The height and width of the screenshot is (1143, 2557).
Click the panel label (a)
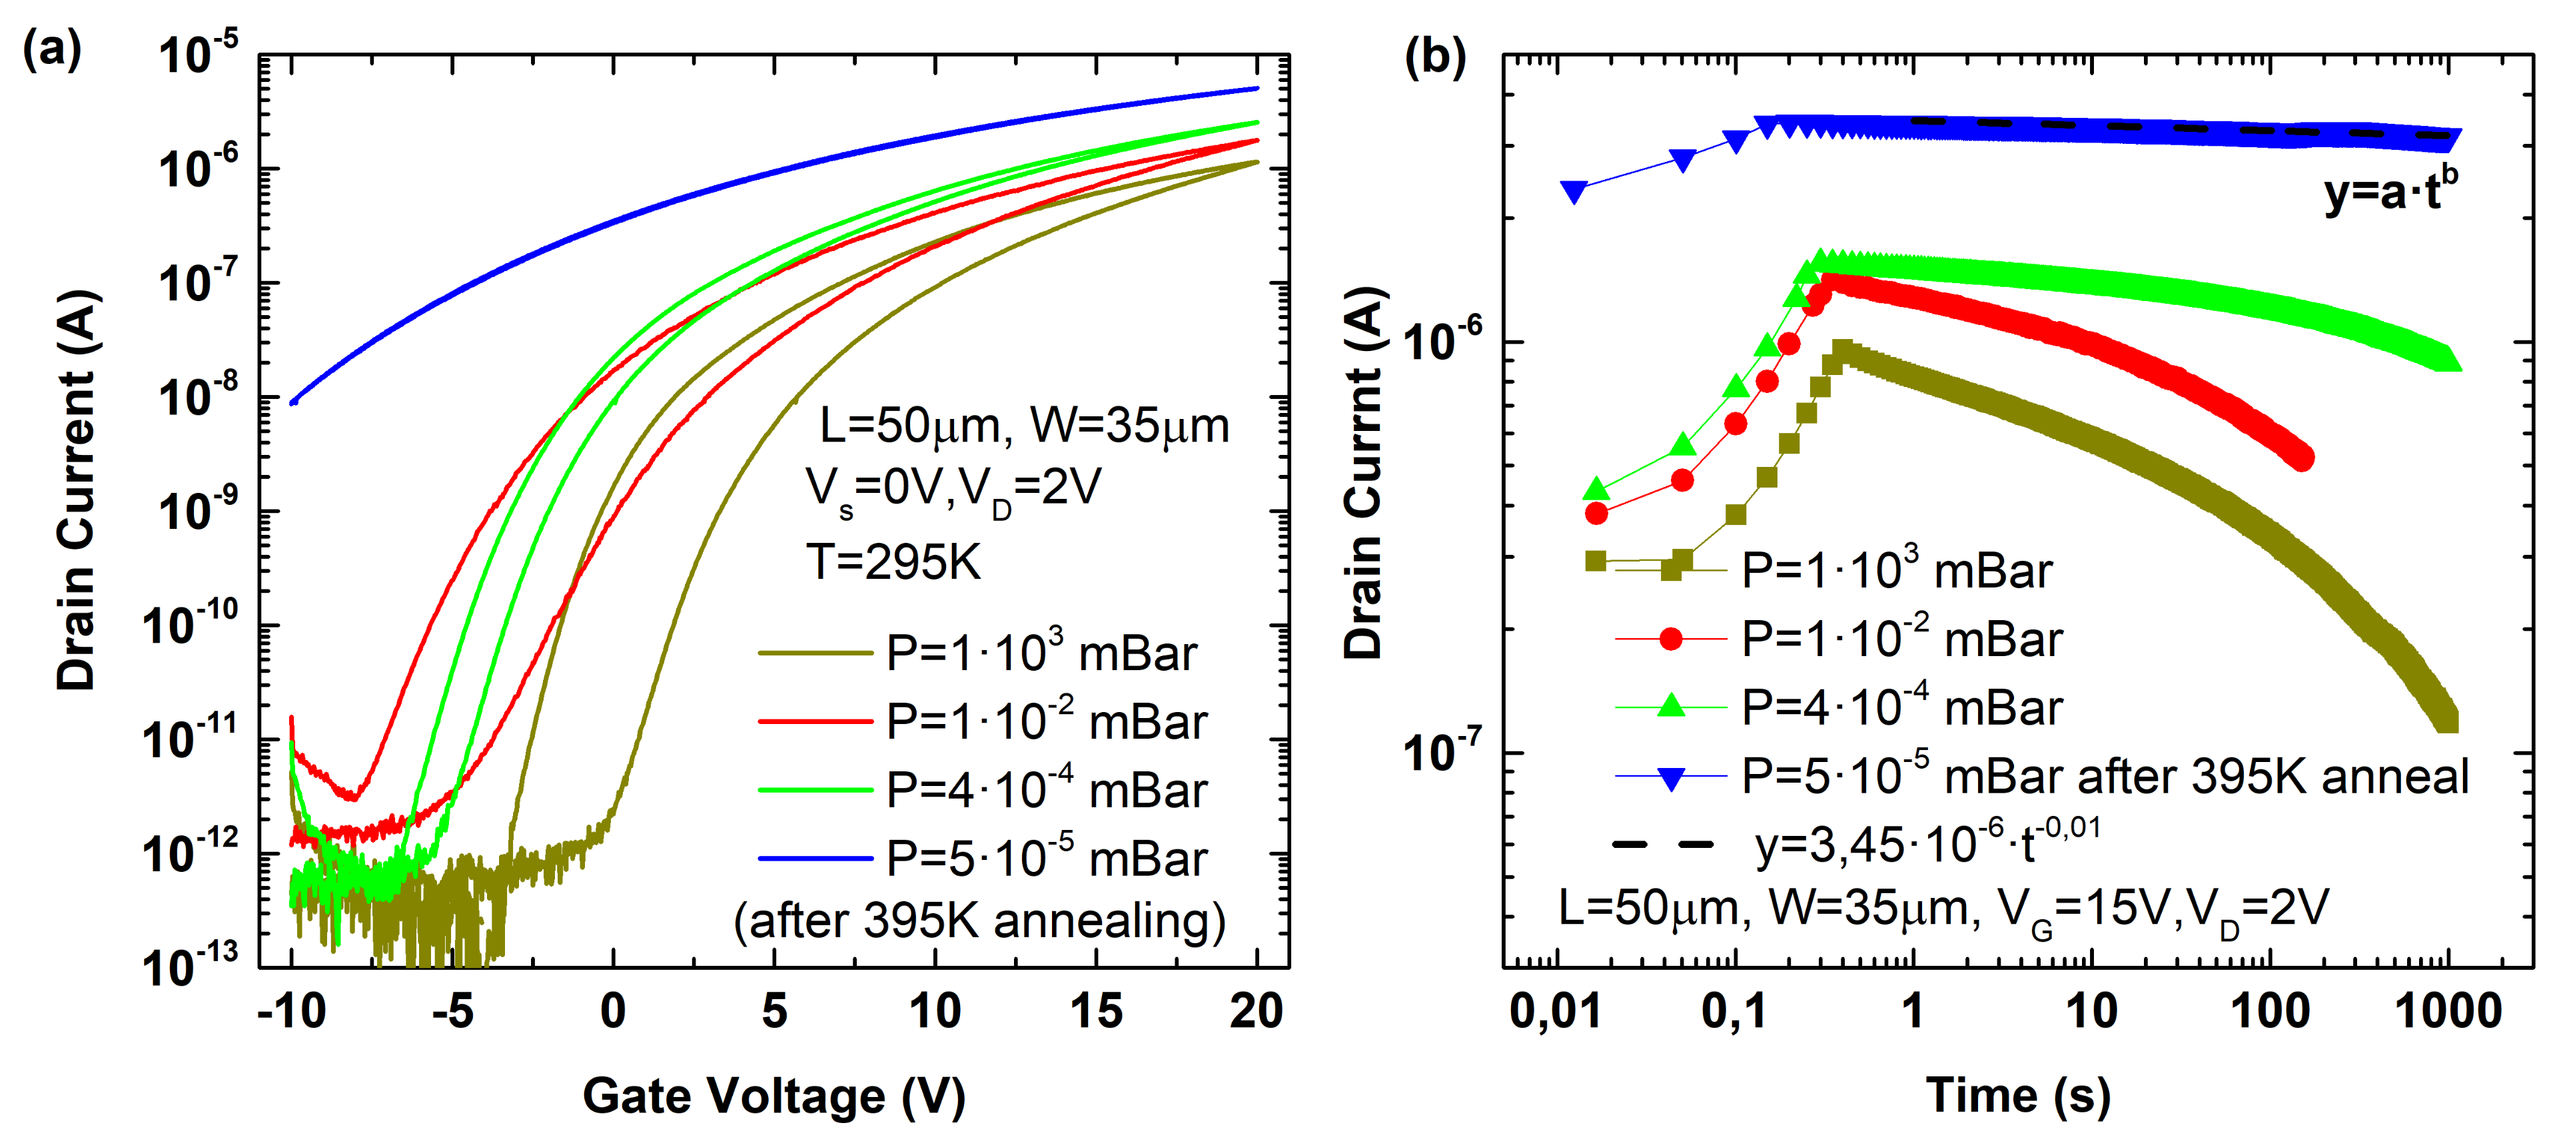click(51, 49)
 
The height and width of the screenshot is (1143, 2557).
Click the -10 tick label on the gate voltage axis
click(291, 1012)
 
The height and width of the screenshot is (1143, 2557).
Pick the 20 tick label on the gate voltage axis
click(1257, 1012)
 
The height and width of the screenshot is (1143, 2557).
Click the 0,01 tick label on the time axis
click(1554, 1012)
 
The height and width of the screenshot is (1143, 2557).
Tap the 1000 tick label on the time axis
click(2448, 1012)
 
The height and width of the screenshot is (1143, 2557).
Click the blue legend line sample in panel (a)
click(815, 858)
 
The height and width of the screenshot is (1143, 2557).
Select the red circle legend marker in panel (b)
click(1672, 639)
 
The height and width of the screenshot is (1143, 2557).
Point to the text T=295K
click(893, 563)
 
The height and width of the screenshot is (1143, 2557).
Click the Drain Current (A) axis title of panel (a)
click(77, 490)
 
